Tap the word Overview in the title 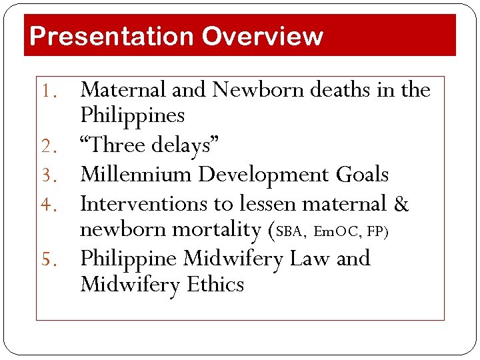point(262,36)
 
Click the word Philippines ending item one point(132,116)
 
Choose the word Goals point(363,175)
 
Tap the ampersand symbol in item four point(401,203)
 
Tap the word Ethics point(215,285)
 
